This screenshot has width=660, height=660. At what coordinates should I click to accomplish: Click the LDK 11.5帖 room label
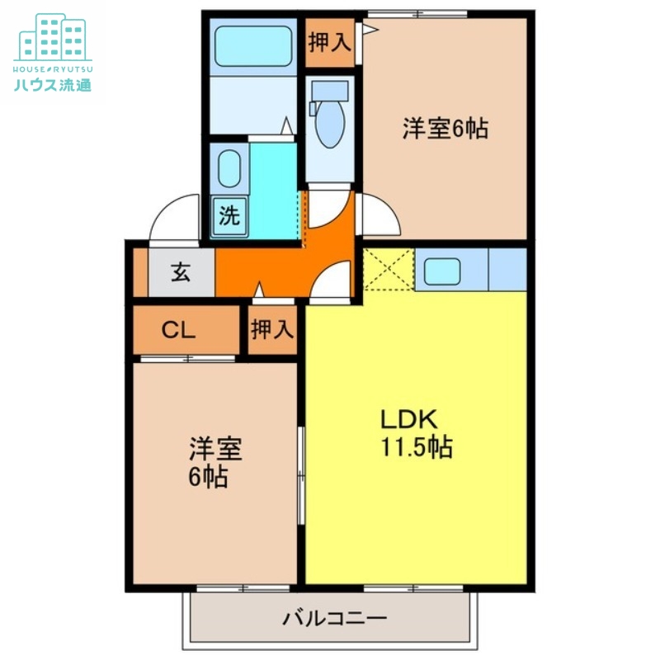pyautogui.click(x=415, y=432)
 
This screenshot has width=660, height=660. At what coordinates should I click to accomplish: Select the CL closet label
pyautogui.click(x=178, y=331)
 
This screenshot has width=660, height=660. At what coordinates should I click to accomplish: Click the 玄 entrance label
pyautogui.click(x=181, y=271)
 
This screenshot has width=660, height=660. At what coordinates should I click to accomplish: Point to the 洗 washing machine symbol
pyautogui.click(x=230, y=216)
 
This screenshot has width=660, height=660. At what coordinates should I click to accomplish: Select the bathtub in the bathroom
pyautogui.click(x=252, y=46)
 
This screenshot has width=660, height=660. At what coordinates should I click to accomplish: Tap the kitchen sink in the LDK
pyautogui.click(x=443, y=270)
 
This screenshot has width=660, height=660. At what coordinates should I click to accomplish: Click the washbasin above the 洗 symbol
pyautogui.click(x=229, y=168)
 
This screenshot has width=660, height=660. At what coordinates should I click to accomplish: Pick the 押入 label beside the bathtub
pyautogui.click(x=329, y=42)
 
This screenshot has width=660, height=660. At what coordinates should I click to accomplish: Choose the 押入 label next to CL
pyautogui.click(x=272, y=330)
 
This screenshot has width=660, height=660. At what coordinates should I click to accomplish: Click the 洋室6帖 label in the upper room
pyautogui.click(x=445, y=129)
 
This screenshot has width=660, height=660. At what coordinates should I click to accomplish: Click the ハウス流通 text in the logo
pyautogui.click(x=52, y=84)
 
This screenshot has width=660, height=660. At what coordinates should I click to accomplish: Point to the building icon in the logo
pyautogui.click(x=52, y=37)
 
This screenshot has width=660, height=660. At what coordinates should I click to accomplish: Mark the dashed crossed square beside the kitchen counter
pyautogui.click(x=388, y=269)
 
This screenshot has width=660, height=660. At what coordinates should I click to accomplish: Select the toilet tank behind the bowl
pyautogui.click(x=331, y=91)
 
